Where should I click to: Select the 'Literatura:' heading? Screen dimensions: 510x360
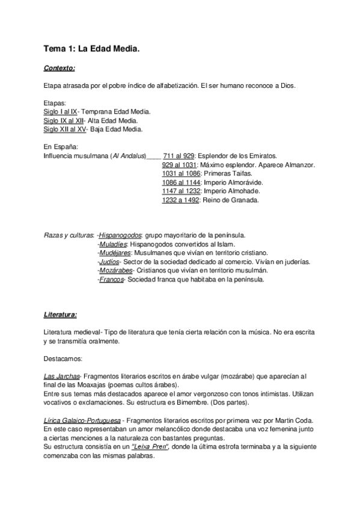click(x=60, y=315)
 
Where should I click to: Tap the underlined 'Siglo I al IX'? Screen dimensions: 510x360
click(x=61, y=112)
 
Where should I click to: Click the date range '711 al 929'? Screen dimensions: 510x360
click(x=178, y=156)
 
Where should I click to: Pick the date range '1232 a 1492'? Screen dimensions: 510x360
click(x=181, y=200)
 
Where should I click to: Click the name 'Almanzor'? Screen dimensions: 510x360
click(x=298, y=165)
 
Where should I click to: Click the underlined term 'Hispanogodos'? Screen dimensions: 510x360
click(x=120, y=235)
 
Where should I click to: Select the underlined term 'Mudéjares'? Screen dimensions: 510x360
click(x=114, y=253)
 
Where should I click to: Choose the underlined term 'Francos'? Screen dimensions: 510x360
click(x=111, y=280)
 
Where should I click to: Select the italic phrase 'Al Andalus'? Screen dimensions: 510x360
click(x=127, y=156)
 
